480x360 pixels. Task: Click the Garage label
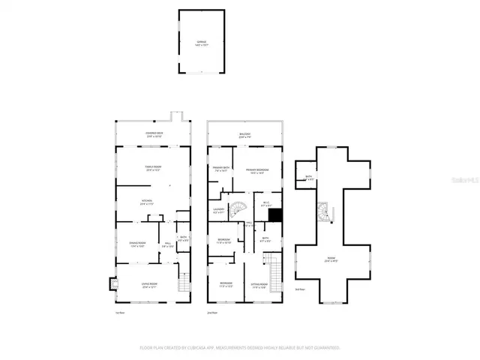point(201,43)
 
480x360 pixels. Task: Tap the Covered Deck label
point(154,135)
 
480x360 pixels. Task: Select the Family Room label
point(154,168)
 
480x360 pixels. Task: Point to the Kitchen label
point(148,201)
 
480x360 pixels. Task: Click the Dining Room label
point(137,244)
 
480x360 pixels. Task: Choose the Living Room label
point(150,284)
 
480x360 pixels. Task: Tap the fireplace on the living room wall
point(113,283)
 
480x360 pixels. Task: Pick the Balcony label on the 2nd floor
point(244,135)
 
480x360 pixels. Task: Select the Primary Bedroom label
point(257,170)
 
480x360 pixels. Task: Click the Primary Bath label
point(220,169)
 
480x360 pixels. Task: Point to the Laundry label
point(218,211)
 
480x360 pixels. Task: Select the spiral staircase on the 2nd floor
point(238,209)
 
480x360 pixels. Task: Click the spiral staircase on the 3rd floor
point(324,212)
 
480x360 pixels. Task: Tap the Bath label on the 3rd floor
point(309,178)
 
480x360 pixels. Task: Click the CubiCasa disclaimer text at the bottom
point(240,347)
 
